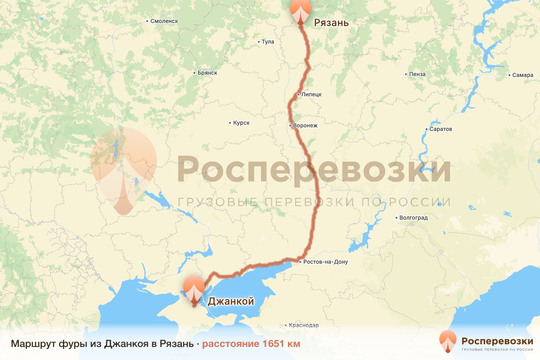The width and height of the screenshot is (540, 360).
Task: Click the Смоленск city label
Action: coord(164,21)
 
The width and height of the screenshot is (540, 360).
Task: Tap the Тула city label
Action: coord(268,42)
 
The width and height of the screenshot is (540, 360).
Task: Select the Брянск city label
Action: coord(207,73)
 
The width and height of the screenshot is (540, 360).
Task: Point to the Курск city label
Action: coord(241,123)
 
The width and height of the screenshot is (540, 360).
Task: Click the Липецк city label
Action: coord(311,94)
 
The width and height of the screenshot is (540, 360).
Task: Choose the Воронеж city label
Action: coord(305,126)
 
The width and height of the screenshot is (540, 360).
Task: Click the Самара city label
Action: coord(522,75)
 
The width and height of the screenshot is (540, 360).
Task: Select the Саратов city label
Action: coord(441,129)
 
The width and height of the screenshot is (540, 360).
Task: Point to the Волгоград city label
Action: coord(414,218)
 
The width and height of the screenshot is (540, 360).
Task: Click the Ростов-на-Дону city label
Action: coord(325,262)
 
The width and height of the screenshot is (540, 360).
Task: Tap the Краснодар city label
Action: coord(304,325)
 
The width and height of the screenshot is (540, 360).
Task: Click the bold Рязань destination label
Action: coord(331,22)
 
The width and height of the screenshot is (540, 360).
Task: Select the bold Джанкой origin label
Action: coord(231,301)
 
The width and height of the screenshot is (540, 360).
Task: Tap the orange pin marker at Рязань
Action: coord(301,11)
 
